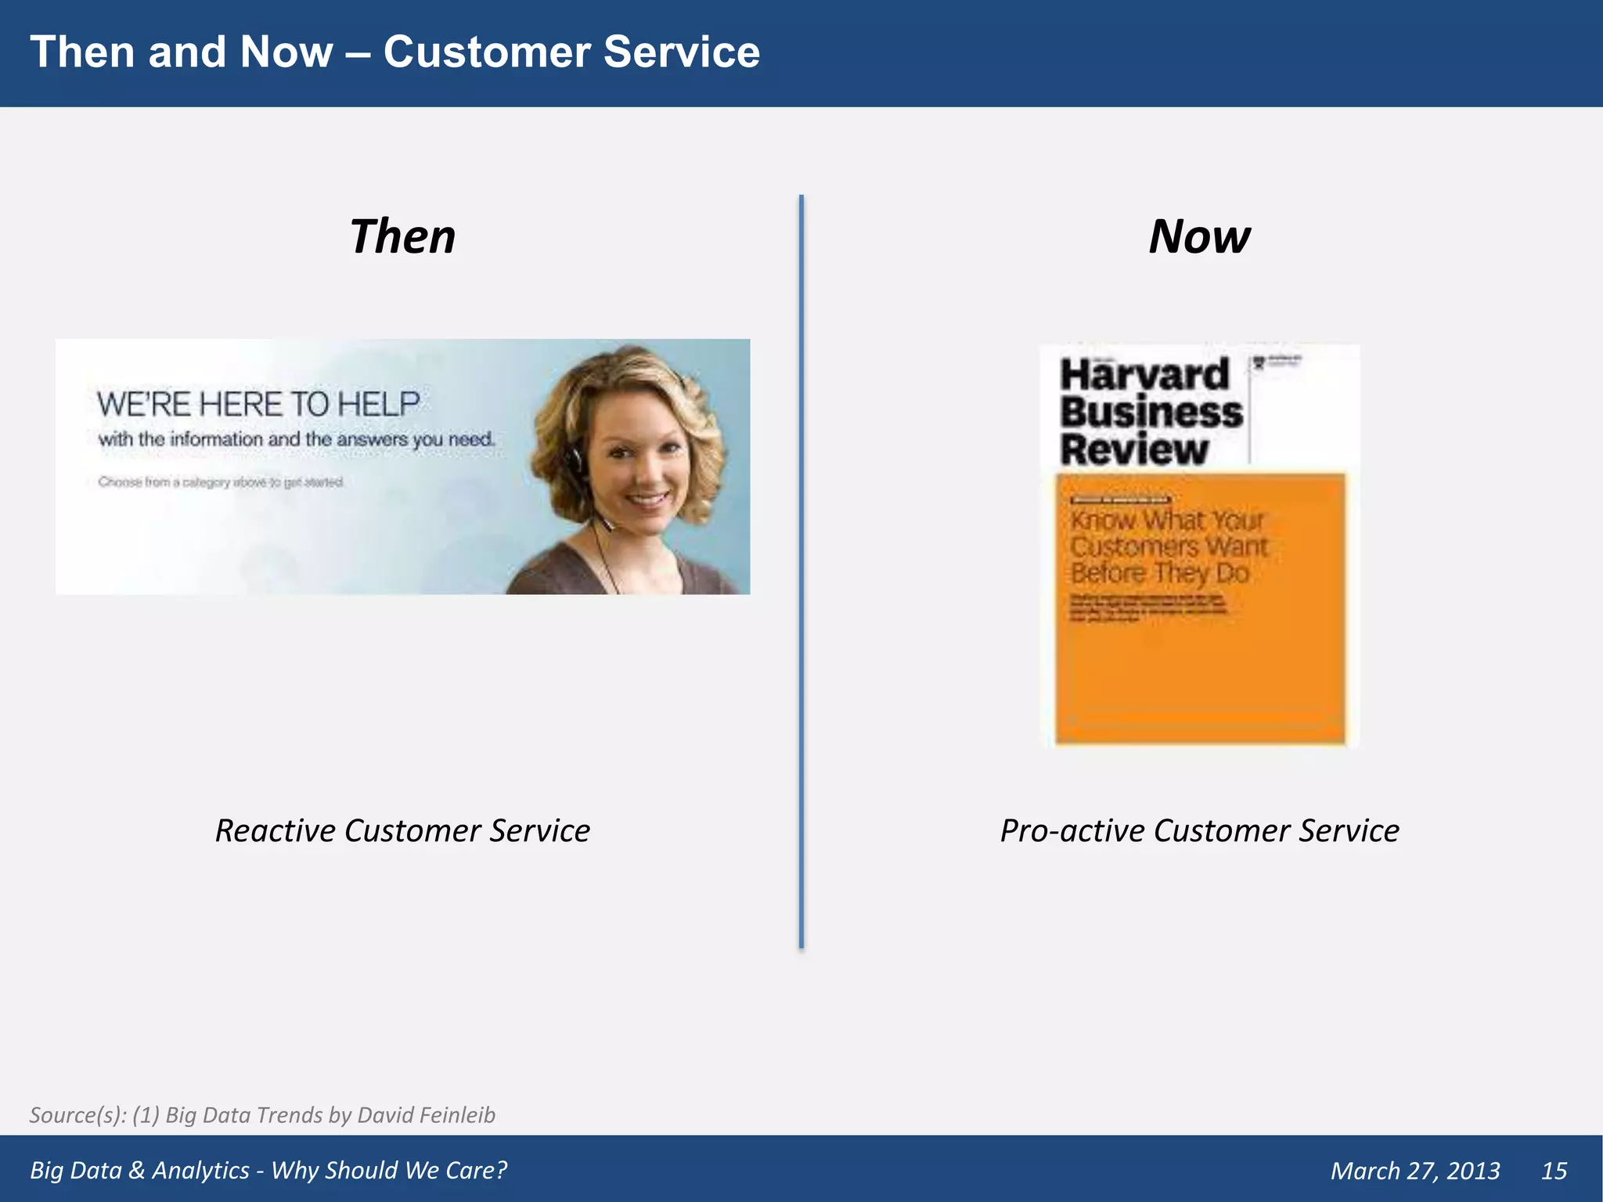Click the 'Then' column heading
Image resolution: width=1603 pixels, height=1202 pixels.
pos(402,236)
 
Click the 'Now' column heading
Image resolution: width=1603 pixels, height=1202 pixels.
pos(1199,236)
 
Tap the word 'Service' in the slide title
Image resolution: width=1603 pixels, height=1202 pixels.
pos(681,52)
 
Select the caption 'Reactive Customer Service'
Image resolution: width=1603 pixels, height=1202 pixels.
pos(402,830)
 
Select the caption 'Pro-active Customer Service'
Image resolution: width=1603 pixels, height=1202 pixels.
pos(1199,830)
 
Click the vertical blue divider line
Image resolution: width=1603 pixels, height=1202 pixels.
pos(801,571)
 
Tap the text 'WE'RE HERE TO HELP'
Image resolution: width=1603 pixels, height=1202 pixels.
pos(258,404)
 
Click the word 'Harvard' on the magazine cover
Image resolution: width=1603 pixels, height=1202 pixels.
pos(1144,374)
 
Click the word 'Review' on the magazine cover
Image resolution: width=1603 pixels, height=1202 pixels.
pos(1133,450)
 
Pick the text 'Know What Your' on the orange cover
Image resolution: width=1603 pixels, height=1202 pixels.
pos(1166,520)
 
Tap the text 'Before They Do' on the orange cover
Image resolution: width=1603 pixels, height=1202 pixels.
pos(1160,573)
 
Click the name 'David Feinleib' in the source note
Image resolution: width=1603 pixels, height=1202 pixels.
pos(426,1114)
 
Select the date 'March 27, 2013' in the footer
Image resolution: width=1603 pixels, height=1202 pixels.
pos(1415,1170)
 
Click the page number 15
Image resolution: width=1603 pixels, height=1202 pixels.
pos(1554,1170)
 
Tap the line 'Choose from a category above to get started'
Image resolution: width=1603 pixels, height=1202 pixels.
pos(221,482)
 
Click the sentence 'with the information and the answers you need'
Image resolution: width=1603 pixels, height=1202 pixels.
pos(296,439)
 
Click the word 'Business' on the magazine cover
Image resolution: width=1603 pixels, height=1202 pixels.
pos(1151,412)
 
